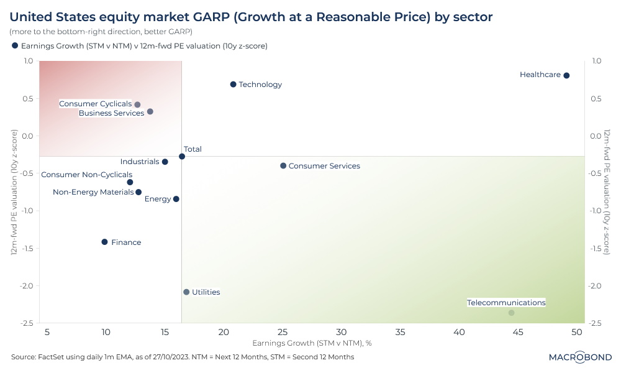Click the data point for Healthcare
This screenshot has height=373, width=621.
(566, 75)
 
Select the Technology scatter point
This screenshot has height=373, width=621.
(233, 84)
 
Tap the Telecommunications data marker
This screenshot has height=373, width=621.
(511, 313)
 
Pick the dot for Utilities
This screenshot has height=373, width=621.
(186, 292)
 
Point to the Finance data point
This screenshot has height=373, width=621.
(104, 242)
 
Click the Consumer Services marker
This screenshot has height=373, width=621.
(283, 165)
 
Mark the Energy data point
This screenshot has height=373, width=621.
(176, 199)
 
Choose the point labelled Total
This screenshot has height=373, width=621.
(182, 156)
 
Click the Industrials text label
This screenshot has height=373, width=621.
(140, 162)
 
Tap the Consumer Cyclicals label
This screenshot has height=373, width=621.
(95, 104)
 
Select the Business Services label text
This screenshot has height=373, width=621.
(111, 113)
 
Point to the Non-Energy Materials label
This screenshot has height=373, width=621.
(93, 192)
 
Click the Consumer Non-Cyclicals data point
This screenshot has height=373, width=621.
(130, 182)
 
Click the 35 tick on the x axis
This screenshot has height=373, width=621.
(401, 332)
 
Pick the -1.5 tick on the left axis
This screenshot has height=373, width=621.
(27, 248)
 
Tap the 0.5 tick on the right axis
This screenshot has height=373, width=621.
(595, 98)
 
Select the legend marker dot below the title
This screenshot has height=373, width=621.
(15, 45)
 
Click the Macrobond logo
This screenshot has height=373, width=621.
(579, 357)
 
